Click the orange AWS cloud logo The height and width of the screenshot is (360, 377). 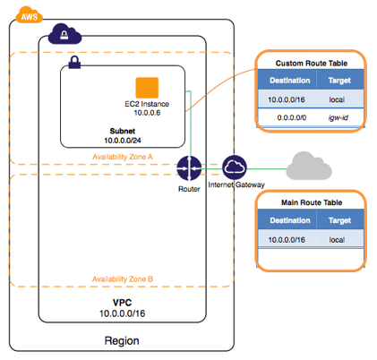pyautogui.click(x=30, y=15)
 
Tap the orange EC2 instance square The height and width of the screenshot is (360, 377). pyautogui.click(x=147, y=88)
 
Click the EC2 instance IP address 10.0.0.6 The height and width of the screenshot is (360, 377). pyautogui.click(x=147, y=113)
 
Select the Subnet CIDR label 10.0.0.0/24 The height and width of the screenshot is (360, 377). pyautogui.click(x=123, y=141)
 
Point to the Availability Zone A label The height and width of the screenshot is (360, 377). pyautogui.click(x=123, y=157)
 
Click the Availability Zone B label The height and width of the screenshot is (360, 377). pyautogui.click(x=123, y=279)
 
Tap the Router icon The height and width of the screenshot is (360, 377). pyautogui.click(x=189, y=168)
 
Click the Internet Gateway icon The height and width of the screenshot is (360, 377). pyautogui.click(x=235, y=167)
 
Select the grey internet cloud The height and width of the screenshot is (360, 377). pyautogui.click(x=309, y=166)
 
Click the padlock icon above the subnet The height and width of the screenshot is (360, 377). pyautogui.click(x=74, y=63)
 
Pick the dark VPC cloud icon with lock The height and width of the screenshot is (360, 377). pyautogui.click(x=64, y=34)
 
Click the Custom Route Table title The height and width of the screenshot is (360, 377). pyautogui.click(x=312, y=64)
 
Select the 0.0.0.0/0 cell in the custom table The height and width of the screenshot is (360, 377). pyautogui.click(x=292, y=117)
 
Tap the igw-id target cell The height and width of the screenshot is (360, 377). pyautogui.click(x=338, y=117)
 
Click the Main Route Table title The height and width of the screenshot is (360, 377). pyautogui.click(x=312, y=202)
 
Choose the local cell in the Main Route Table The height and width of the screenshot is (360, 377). pyautogui.click(x=337, y=240)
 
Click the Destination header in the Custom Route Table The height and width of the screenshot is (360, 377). pyautogui.click(x=290, y=81)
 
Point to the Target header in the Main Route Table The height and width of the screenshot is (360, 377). pyautogui.click(x=339, y=220)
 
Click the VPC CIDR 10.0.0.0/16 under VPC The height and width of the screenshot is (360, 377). pyautogui.click(x=123, y=313)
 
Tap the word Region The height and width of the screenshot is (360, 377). pyautogui.click(x=122, y=341)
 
